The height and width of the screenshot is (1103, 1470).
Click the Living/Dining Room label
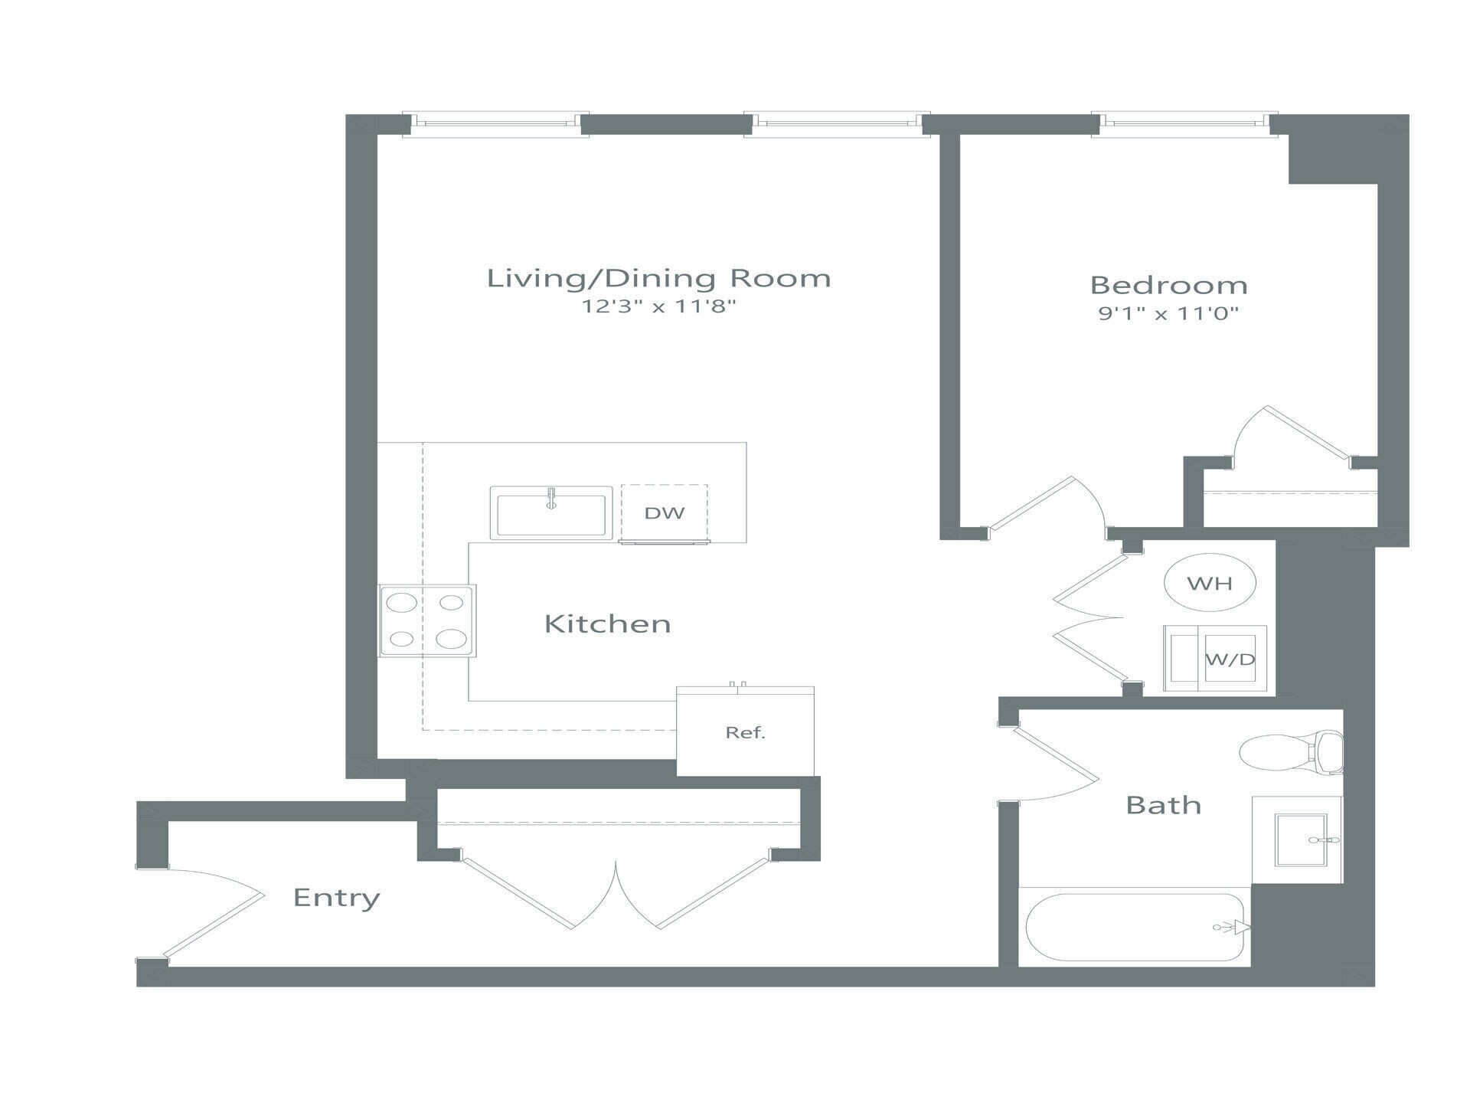658,278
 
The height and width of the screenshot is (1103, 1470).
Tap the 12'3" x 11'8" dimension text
658,307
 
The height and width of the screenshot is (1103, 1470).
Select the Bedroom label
1168,285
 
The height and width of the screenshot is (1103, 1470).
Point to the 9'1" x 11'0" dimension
1168,313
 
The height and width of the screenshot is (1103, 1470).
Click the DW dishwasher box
664,513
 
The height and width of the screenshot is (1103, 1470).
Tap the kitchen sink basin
551,514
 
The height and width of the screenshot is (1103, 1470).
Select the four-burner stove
427,620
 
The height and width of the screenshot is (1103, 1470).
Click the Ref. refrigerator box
745,732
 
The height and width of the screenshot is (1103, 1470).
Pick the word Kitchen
607,624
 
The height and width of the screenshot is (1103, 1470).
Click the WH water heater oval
1210,583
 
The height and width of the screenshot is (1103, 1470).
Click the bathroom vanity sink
1300,840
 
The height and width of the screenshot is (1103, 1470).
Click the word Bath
1163,805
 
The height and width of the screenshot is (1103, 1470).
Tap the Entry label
336,897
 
